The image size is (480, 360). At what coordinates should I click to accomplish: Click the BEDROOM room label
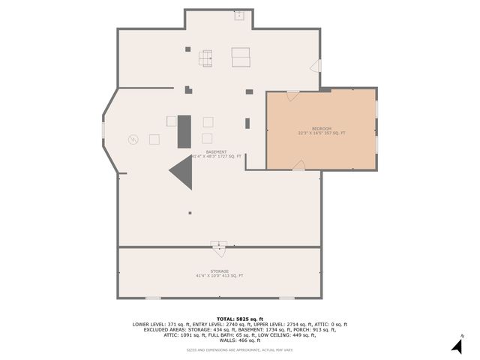(322, 128)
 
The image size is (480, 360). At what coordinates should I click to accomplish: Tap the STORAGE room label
(219, 271)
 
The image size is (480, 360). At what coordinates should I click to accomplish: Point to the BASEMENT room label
(216, 151)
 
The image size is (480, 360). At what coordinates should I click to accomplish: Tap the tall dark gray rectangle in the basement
(184, 131)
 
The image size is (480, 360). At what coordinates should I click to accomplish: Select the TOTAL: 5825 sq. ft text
(240, 319)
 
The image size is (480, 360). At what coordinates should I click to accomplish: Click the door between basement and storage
(219, 244)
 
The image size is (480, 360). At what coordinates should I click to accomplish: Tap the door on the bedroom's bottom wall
(299, 166)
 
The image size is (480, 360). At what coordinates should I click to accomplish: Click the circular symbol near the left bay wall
(133, 139)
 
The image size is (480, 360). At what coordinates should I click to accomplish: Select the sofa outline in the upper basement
(205, 56)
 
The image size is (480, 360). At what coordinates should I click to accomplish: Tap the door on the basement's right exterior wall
(316, 67)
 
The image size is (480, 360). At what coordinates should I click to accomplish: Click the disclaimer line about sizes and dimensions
(240, 350)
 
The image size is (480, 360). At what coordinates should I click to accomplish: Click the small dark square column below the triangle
(190, 213)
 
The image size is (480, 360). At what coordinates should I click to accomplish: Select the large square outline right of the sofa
(240, 57)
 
